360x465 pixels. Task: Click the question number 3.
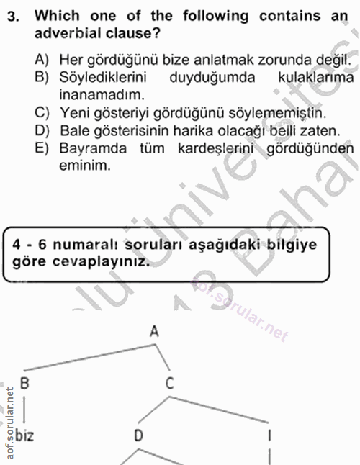[x=11, y=16]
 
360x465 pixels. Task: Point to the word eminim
[x=84, y=166]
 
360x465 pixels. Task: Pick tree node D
[x=139, y=435]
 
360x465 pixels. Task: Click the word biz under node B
[x=24, y=435]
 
